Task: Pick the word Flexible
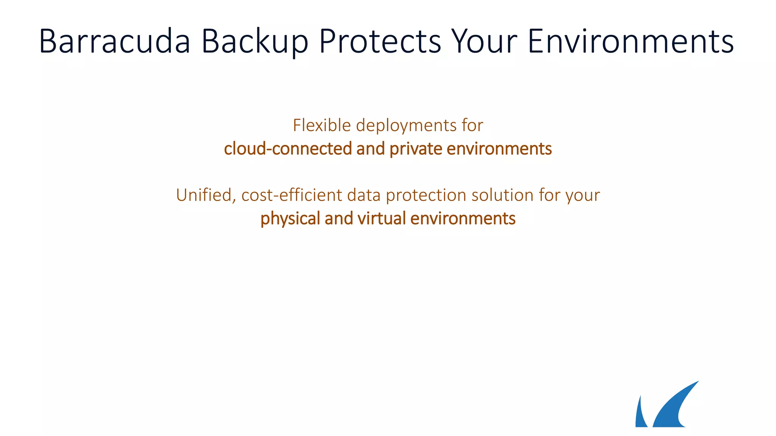tap(322, 125)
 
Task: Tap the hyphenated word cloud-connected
tap(288, 148)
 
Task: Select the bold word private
tap(416, 149)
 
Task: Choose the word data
tap(364, 195)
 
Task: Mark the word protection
tap(426, 196)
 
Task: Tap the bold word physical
tap(290, 219)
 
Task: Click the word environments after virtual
tap(463, 218)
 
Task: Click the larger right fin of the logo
tap(673, 409)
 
